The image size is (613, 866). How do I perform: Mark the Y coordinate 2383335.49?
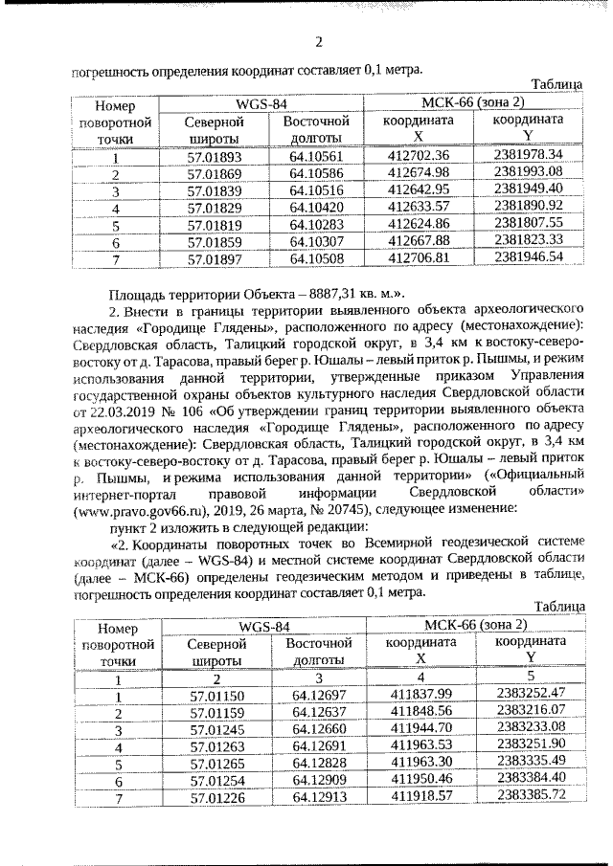point(533,762)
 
